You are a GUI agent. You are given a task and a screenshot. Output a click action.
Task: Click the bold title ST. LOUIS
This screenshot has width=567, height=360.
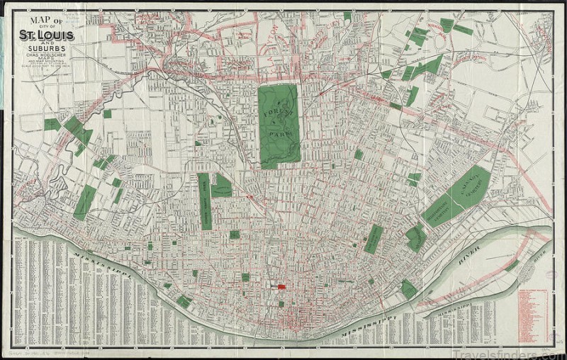point(47,35)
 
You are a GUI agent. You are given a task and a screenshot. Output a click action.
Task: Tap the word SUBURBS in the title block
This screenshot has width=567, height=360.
point(47,48)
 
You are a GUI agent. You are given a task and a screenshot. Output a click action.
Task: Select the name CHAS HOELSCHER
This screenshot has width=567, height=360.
point(47,54)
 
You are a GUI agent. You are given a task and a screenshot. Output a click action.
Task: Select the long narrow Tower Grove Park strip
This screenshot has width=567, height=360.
point(204,201)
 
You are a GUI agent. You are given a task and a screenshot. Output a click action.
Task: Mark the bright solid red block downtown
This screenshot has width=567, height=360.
point(281,287)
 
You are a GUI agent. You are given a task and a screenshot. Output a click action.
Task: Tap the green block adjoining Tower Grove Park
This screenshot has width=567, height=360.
point(221,186)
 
